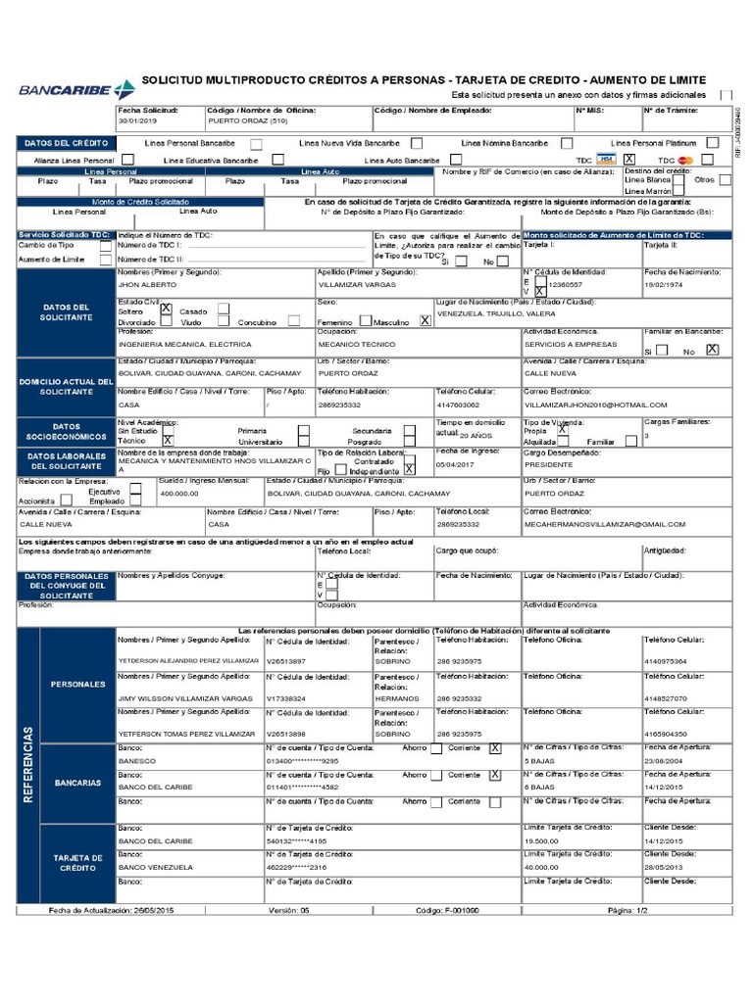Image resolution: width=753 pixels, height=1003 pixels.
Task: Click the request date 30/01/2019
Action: point(137,121)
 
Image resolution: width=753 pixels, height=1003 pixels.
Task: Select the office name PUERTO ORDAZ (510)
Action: point(247,121)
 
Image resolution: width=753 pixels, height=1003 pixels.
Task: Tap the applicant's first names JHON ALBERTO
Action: point(144,284)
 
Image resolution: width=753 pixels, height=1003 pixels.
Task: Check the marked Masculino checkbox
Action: point(425,320)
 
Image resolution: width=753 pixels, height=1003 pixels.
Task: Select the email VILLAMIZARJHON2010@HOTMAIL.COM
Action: point(595,405)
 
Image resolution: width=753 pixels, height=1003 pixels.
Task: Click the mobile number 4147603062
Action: point(458,405)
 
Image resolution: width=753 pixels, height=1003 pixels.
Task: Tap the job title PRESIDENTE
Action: point(549,465)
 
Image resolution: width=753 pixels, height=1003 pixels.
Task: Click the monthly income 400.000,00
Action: point(178,495)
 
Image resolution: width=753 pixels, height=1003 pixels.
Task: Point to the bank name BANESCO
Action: point(137,760)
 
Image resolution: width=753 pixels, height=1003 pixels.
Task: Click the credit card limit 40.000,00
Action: point(542,867)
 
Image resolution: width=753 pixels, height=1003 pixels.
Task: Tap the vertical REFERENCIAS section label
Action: point(27,764)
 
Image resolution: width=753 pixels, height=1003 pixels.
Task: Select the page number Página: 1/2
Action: point(627,911)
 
